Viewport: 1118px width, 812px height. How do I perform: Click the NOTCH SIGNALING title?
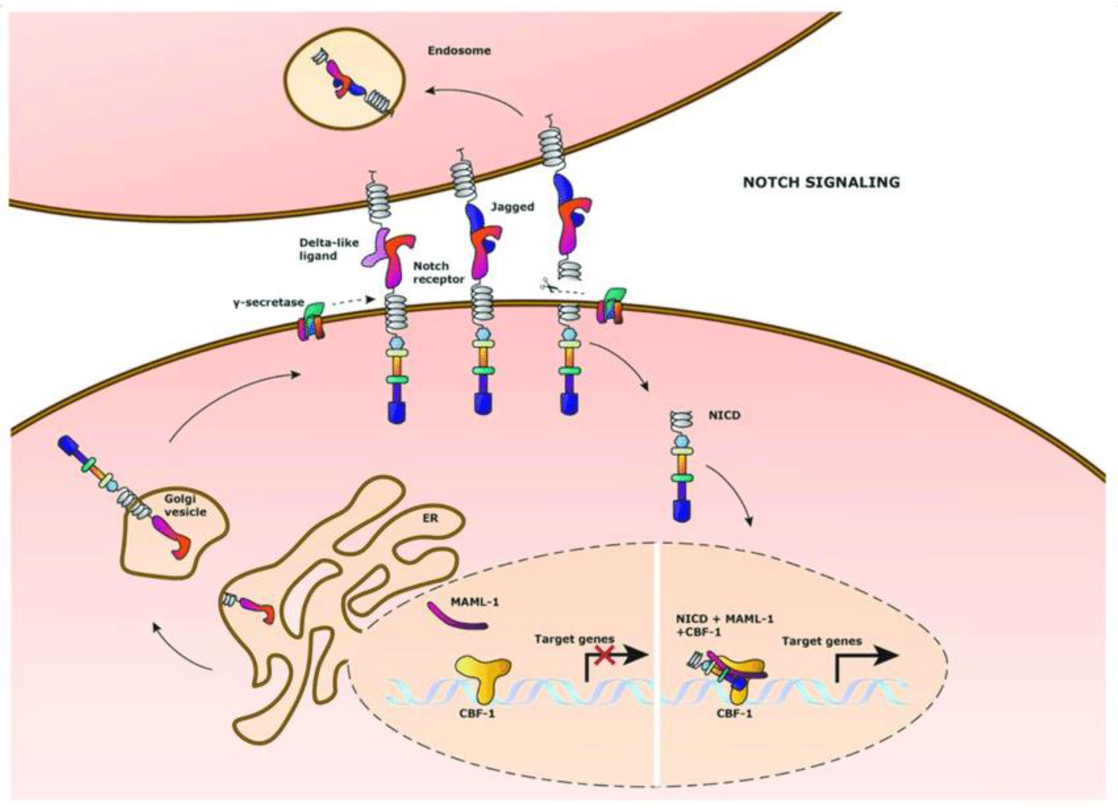pos(821,182)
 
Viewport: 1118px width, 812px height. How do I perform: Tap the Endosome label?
pos(459,51)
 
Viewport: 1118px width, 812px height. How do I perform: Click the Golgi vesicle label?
pos(185,505)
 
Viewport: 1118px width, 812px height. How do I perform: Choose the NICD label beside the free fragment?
pos(724,415)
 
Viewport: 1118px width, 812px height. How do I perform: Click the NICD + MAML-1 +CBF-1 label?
pos(721,625)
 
